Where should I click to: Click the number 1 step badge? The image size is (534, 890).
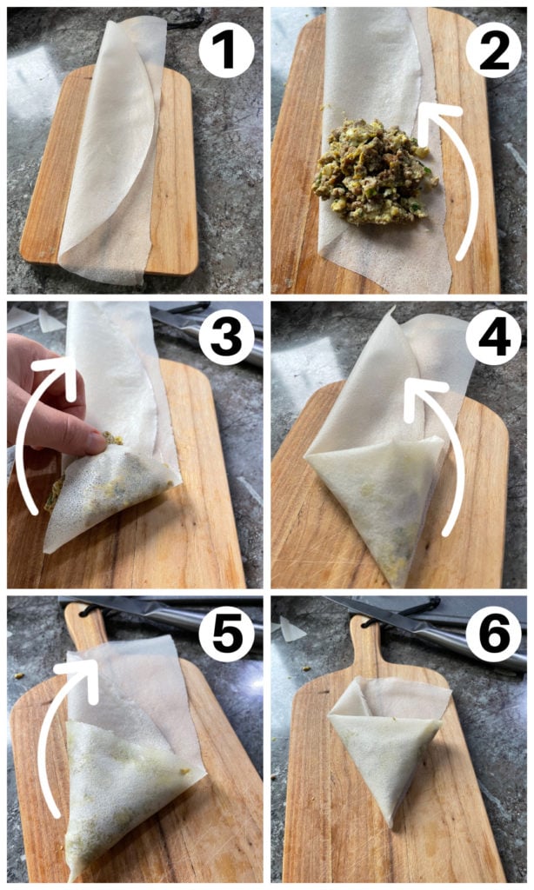(x=226, y=50)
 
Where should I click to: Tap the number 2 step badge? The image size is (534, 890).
(x=494, y=50)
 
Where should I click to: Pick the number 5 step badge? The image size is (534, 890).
(x=226, y=634)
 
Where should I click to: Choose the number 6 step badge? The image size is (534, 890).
(x=494, y=634)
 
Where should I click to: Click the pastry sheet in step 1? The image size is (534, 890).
(x=114, y=148)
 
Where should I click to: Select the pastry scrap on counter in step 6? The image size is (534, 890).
(x=291, y=629)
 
